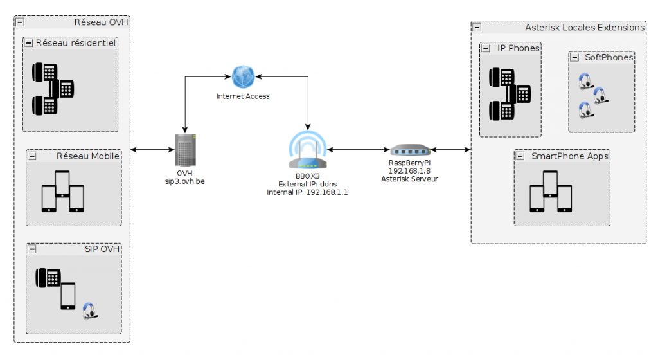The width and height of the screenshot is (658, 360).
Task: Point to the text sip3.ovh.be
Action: tap(185, 182)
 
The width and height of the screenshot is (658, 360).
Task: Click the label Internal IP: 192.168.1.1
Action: tap(307, 192)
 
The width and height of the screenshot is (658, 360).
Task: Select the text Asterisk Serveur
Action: tap(409, 179)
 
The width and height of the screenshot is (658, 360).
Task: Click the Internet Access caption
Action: tap(243, 96)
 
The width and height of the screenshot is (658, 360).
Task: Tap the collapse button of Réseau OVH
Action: tap(20, 22)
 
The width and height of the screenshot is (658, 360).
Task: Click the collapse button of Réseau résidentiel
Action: tap(28, 43)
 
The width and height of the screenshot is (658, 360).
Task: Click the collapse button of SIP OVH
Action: tap(31, 249)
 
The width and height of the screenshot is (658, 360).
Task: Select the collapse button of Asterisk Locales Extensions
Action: tap(477, 27)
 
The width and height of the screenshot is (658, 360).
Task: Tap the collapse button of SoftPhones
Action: tap(574, 58)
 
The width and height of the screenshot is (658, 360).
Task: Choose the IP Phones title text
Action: tap(518, 48)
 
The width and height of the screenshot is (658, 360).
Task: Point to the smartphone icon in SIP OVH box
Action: tap(68, 296)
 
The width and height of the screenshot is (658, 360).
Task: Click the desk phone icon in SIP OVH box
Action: tap(49, 278)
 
